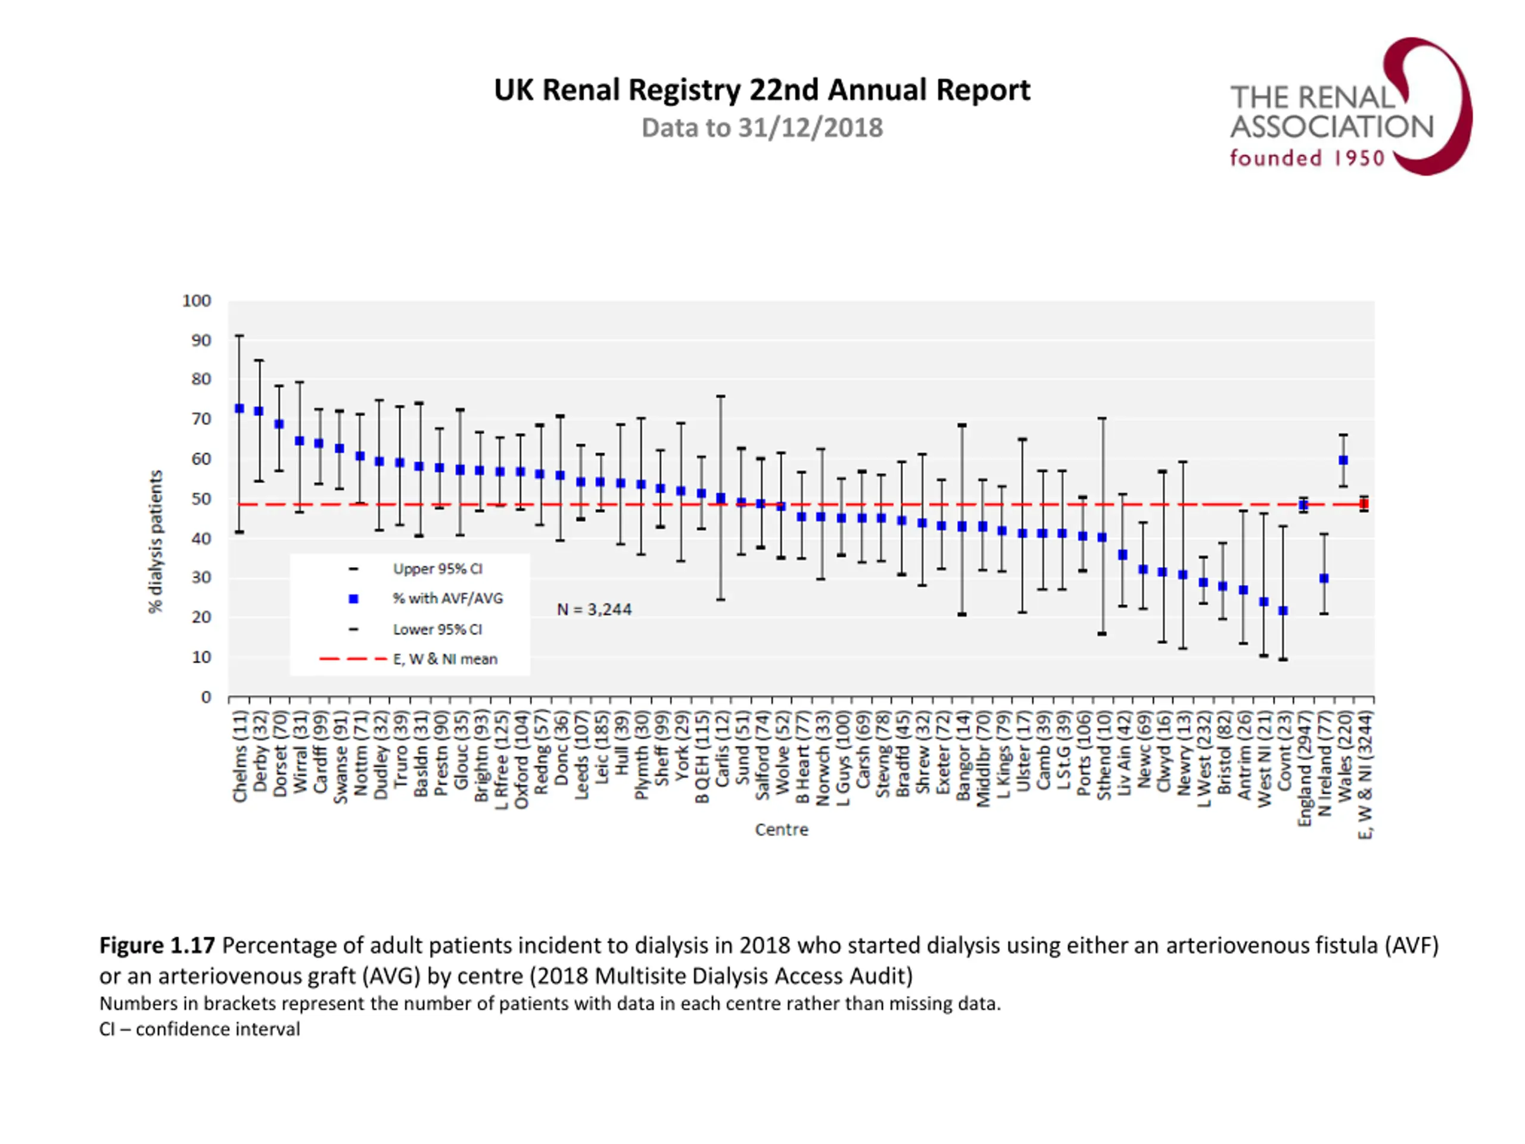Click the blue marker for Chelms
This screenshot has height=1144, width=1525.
pyautogui.click(x=239, y=409)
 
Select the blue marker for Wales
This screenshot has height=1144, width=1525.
pyautogui.click(x=1343, y=460)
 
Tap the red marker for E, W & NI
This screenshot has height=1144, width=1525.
pyautogui.click(x=1363, y=504)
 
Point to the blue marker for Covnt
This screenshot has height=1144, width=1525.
pyautogui.click(x=1283, y=611)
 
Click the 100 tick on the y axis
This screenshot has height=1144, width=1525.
pyautogui.click(x=197, y=301)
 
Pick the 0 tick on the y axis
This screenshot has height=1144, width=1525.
pyautogui.click(x=206, y=697)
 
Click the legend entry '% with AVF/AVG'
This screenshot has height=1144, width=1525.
pyautogui.click(x=447, y=599)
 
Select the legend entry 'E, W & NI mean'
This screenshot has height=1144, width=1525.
pyautogui.click(x=444, y=659)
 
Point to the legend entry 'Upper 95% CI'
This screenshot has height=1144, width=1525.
pyautogui.click(x=437, y=569)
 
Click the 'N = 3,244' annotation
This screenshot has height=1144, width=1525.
pyautogui.click(x=595, y=610)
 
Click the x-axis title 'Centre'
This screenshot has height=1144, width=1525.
pyautogui.click(x=781, y=829)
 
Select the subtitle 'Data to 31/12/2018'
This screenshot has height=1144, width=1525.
pyautogui.click(x=762, y=128)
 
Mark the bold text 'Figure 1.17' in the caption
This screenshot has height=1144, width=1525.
pyautogui.click(x=157, y=945)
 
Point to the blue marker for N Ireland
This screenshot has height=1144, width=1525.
pyautogui.click(x=1324, y=579)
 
